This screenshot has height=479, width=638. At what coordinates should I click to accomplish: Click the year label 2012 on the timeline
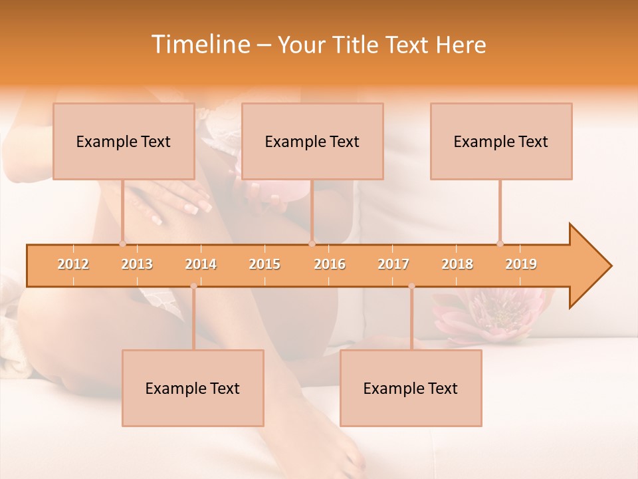point(73,264)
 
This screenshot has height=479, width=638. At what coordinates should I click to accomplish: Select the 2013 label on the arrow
point(137,264)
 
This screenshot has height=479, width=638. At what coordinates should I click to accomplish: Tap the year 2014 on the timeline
point(201,264)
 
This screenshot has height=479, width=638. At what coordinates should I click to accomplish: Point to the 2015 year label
point(265,264)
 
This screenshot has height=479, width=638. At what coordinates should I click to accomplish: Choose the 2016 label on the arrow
point(330,264)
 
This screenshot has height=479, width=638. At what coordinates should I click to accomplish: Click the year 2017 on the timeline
point(393,264)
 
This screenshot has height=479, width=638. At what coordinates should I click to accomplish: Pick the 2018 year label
point(457,264)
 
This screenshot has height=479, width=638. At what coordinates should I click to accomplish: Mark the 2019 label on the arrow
point(521,264)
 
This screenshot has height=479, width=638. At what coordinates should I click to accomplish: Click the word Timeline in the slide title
point(199,45)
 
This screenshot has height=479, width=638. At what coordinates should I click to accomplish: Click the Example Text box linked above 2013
point(124,141)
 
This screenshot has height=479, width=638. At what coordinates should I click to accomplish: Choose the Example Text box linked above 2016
point(312,141)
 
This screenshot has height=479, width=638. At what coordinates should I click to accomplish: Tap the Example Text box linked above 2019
point(501,141)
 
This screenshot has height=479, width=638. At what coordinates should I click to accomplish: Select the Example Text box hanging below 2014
point(193,388)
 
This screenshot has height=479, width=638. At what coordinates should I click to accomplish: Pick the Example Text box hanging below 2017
point(411,388)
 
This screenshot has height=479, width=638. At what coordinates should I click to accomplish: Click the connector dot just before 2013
point(122,243)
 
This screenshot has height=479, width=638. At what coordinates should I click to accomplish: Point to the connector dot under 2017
point(411,286)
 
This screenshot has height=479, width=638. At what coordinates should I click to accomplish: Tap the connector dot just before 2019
point(500,243)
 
